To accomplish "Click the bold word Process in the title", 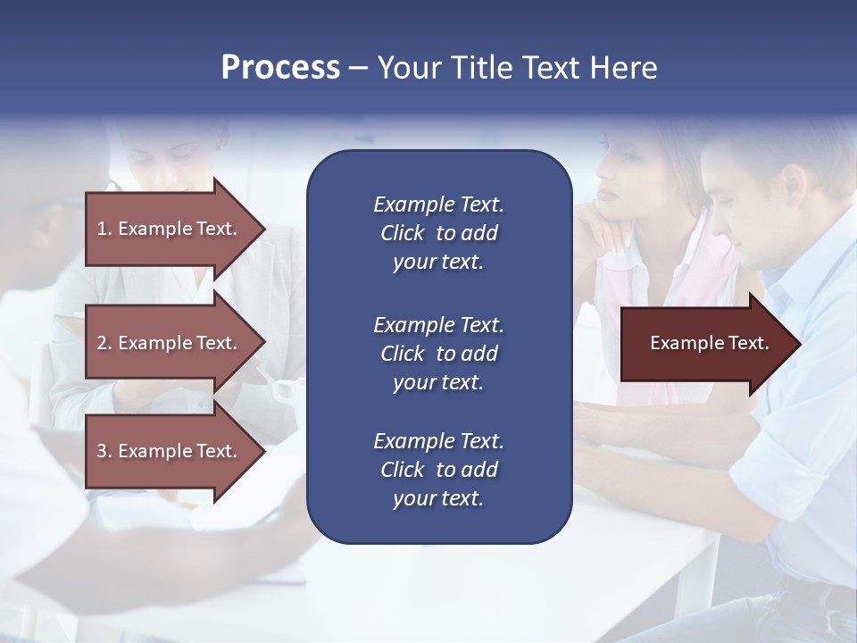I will (280, 68).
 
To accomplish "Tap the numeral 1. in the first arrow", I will (104, 229).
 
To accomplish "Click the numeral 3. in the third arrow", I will (104, 451).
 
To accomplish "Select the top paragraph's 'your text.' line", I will (438, 263).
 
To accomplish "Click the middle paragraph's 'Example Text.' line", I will (438, 325).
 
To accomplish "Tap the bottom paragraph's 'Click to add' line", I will (438, 470).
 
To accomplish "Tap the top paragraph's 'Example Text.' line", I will (438, 205).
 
